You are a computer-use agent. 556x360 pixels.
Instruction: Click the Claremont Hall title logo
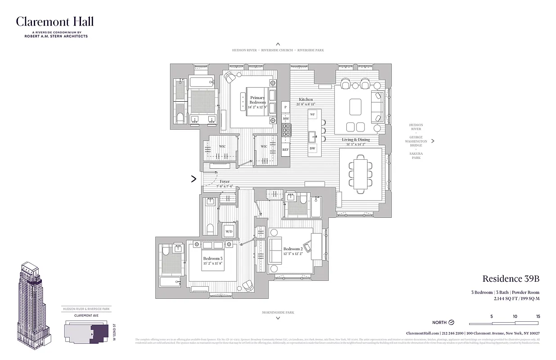pyautogui.click(x=55, y=22)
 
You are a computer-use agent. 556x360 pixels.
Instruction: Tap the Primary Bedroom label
pyautogui.click(x=257, y=100)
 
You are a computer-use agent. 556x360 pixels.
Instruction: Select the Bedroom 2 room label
pyautogui.click(x=292, y=249)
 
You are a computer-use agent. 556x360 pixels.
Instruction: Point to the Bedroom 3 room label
pyautogui.click(x=212, y=258)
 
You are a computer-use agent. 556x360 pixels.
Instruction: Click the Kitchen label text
pyautogui.click(x=306, y=99)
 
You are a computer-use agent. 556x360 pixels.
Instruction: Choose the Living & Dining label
pyautogui.click(x=355, y=139)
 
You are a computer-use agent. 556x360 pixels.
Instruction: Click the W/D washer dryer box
pyautogui.click(x=229, y=231)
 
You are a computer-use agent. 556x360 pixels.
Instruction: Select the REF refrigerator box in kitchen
pyautogui.click(x=285, y=149)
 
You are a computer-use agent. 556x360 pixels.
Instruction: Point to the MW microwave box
pyautogui.click(x=285, y=118)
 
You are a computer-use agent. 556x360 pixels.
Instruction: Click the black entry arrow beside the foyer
pyautogui.click(x=194, y=179)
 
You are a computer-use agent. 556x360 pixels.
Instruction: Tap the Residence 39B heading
pyautogui.click(x=511, y=279)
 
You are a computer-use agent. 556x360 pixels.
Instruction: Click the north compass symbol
pyautogui.click(x=452, y=322)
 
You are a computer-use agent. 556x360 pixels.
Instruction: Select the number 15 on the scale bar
pyautogui.click(x=538, y=317)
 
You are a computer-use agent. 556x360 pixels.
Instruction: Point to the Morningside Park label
pyautogui.click(x=278, y=312)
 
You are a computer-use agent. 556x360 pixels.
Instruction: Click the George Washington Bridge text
pyautogui.click(x=416, y=141)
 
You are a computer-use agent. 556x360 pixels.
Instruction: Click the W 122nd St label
pyautogui.click(x=115, y=333)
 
